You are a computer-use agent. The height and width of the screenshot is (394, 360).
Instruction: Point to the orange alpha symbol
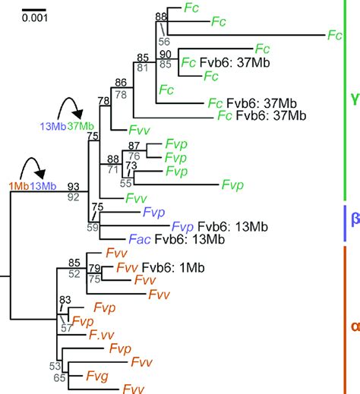coord(353,326)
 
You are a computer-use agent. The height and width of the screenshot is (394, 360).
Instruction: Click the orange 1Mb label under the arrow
coord(19,186)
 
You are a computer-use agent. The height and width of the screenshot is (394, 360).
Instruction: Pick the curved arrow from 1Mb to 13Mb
coord(33,169)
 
